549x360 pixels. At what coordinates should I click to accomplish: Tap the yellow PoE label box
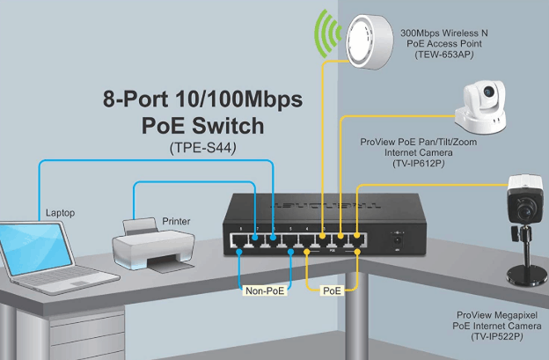tap(333, 288)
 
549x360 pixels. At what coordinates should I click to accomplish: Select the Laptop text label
tap(59, 212)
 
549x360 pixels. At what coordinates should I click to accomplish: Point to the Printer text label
tap(177, 221)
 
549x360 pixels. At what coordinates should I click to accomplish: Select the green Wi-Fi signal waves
tap(327, 40)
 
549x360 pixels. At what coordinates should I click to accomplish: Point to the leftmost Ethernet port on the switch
tap(239, 239)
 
